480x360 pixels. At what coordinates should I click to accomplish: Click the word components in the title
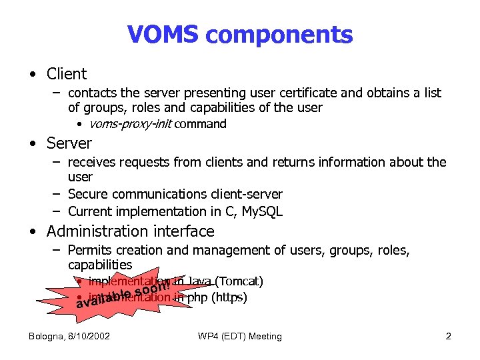click(279, 35)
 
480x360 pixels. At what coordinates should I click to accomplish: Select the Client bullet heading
click(67, 74)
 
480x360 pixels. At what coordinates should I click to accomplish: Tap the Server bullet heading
click(69, 143)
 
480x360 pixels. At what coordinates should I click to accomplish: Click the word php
click(197, 298)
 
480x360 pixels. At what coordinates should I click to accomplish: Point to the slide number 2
click(449, 336)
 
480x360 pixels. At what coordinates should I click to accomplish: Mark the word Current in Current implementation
click(90, 212)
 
